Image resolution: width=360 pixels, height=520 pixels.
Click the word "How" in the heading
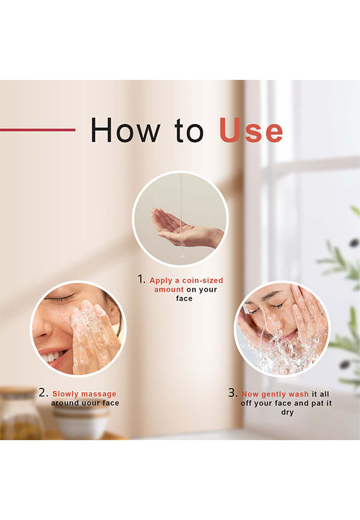tap(125, 130)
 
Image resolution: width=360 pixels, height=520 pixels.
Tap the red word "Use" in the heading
tap(251, 130)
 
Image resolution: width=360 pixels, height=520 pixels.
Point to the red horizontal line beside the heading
tap(38, 130)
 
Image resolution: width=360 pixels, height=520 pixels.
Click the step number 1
tap(141, 279)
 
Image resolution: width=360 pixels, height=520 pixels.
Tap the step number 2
tap(43, 393)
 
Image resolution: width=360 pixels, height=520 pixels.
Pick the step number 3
tap(233, 393)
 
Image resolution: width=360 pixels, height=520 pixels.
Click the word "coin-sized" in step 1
tap(203, 280)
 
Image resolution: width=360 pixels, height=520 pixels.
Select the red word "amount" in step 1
tap(169, 289)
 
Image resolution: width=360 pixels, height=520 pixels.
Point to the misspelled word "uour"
tap(85, 403)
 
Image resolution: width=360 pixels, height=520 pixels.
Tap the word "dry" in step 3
tap(287, 413)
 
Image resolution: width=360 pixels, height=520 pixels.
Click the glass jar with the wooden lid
tap(20, 414)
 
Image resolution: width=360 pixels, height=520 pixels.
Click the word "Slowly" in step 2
tap(66, 394)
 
